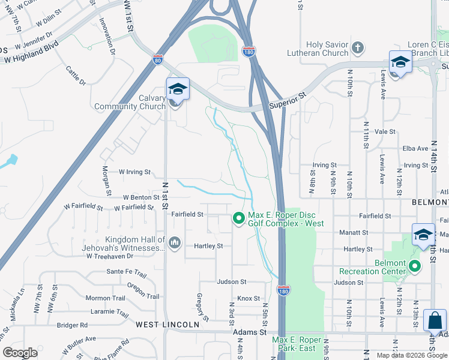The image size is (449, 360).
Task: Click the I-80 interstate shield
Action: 158,60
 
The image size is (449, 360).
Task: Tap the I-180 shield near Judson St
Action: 284,290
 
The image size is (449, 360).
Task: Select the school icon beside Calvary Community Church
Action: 178,89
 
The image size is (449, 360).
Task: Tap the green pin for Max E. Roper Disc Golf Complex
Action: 239,219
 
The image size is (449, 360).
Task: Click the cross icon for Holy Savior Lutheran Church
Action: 357,47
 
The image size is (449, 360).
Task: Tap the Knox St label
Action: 249,298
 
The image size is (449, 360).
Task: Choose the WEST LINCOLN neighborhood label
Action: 167,325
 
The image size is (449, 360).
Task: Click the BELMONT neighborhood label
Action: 430,203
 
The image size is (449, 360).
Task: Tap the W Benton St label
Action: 141,197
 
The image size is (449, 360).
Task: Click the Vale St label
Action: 385,131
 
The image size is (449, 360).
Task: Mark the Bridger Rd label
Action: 72,325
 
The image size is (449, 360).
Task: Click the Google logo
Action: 20,353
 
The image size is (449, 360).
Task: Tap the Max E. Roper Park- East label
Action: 297,344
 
